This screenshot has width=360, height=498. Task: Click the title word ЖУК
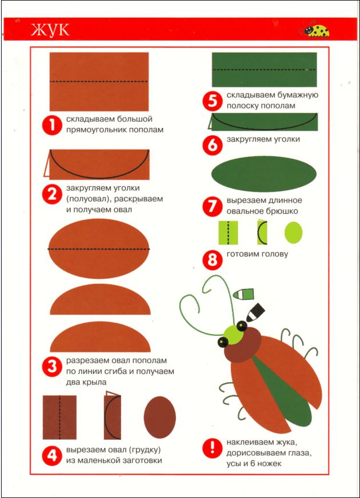(x=50, y=30)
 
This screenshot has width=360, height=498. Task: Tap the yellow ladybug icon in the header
(x=314, y=31)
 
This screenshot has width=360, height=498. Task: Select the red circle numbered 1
(x=52, y=125)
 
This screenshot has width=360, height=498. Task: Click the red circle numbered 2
(x=52, y=194)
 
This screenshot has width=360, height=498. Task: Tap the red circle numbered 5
(x=212, y=101)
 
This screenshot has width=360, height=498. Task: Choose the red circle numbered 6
(x=212, y=145)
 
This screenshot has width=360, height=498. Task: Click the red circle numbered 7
(x=212, y=206)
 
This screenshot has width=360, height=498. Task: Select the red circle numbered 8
(x=212, y=260)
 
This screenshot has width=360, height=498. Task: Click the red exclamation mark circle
(x=212, y=448)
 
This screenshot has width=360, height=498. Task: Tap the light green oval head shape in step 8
(x=293, y=232)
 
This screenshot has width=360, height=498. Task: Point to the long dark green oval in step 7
(x=264, y=174)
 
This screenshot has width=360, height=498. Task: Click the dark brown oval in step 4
(x=159, y=417)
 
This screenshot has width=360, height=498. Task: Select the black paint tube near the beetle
(x=255, y=312)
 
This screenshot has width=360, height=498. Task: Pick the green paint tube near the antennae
(x=243, y=294)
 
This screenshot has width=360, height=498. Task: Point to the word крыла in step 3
(x=95, y=382)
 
